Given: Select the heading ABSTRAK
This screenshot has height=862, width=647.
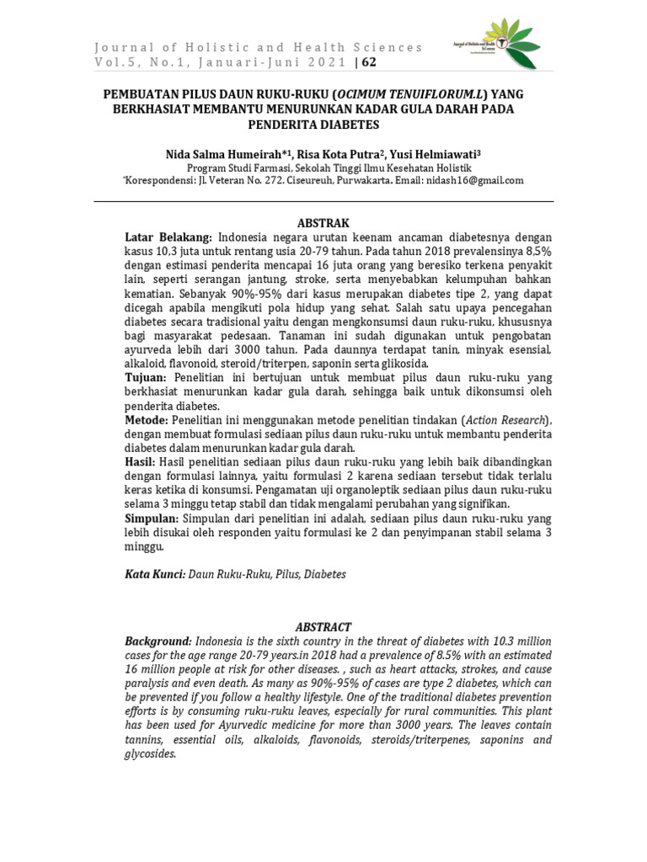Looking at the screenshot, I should click(323, 222).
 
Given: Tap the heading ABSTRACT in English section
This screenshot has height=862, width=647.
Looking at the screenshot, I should click(323, 626).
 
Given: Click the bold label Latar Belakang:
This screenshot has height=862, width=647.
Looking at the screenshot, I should click(169, 237).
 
